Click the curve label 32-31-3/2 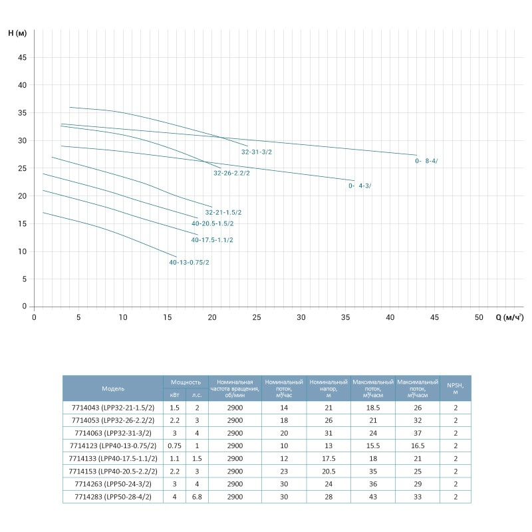257,152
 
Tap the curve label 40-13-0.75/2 190,263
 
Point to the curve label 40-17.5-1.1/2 212,239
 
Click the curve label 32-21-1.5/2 223,212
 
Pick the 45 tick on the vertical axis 22,58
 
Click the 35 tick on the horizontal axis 346,317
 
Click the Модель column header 113,388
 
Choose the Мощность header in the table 186,382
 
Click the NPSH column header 456,388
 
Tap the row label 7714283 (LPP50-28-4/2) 113,495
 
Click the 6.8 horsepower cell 197,495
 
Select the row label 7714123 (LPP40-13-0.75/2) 113,445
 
